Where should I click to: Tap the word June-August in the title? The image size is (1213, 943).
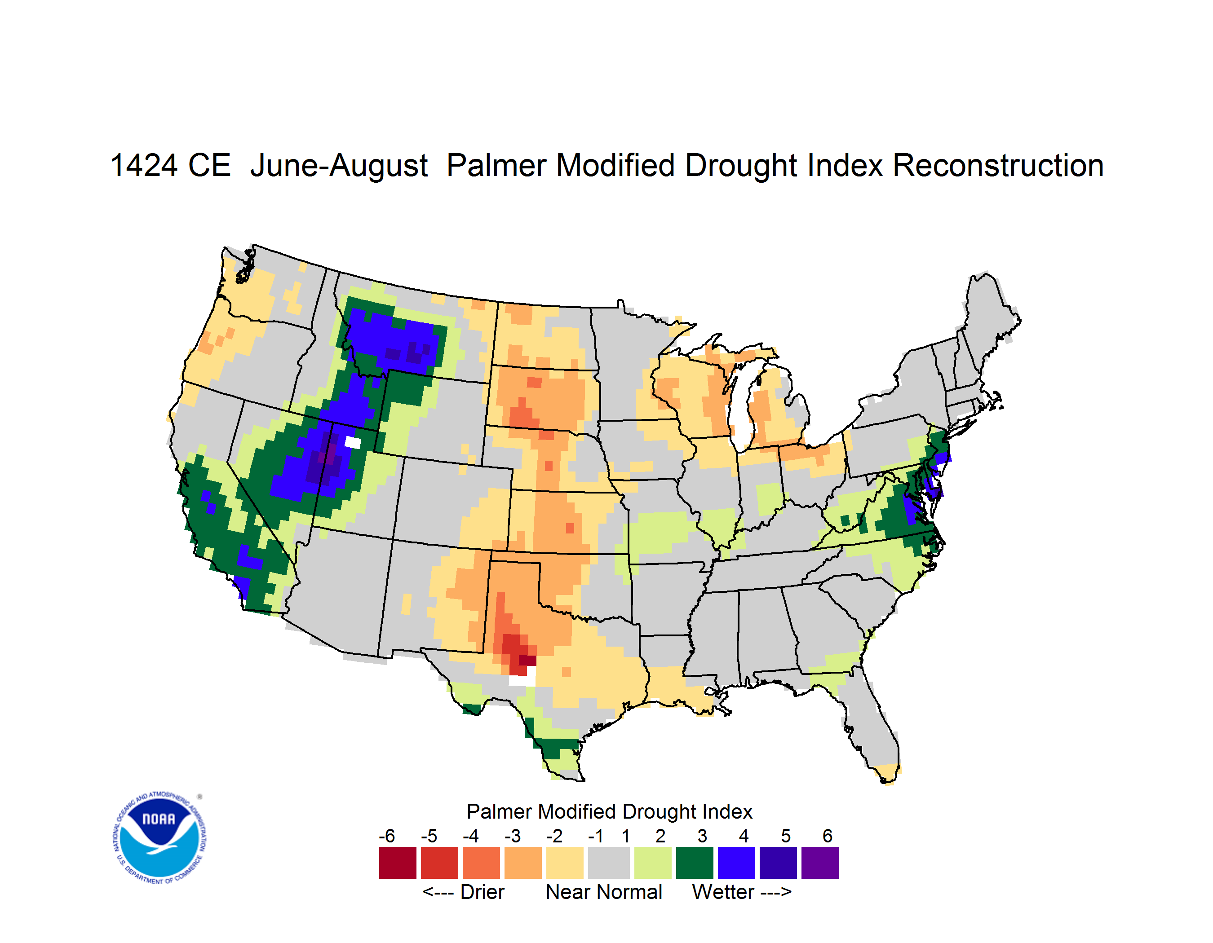tap(339, 167)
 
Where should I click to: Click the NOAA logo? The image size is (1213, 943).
tap(160, 838)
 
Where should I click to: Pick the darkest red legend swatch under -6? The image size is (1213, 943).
tap(398, 863)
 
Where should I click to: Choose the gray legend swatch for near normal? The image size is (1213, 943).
tap(609, 863)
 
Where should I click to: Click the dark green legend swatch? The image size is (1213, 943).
tap(694, 863)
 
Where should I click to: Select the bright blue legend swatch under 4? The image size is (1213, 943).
tap(736, 863)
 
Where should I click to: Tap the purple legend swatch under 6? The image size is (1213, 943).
tap(820, 863)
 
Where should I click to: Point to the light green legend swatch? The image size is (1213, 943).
tap(653, 863)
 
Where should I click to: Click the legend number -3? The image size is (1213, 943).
tap(513, 836)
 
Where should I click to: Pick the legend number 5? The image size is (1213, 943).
tap(786, 836)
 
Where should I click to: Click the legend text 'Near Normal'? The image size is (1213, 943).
tap(604, 892)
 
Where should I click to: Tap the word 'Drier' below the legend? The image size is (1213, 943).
tap(482, 892)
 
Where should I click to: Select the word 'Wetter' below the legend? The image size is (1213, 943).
tap(723, 892)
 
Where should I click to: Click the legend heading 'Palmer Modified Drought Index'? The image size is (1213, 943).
tap(609, 811)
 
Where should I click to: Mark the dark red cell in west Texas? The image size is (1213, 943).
tap(527, 661)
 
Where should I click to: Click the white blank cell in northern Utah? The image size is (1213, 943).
tap(353, 442)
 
